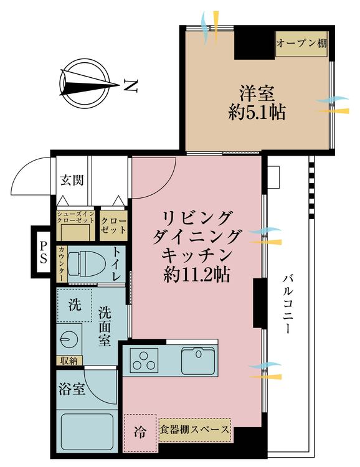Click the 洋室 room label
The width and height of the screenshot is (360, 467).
(257, 94)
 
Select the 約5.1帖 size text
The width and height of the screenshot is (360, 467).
(257, 113)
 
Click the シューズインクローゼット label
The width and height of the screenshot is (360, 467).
(75, 217)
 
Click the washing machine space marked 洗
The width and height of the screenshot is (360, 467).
(74, 305)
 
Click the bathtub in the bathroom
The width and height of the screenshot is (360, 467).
(85, 431)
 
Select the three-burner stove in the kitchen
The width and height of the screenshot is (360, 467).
(144, 361)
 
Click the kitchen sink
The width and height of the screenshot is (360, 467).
(198, 359)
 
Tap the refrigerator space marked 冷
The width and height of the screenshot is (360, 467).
(141, 430)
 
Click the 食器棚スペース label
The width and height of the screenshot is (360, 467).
(194, 430)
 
